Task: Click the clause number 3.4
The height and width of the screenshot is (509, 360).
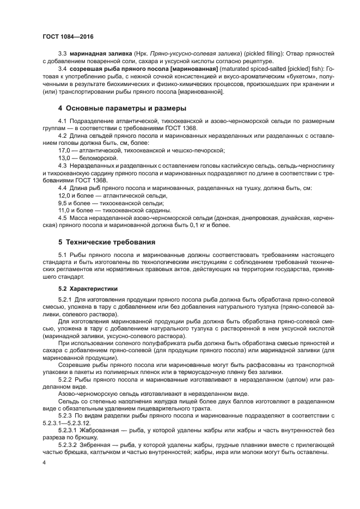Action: point(62,70)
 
